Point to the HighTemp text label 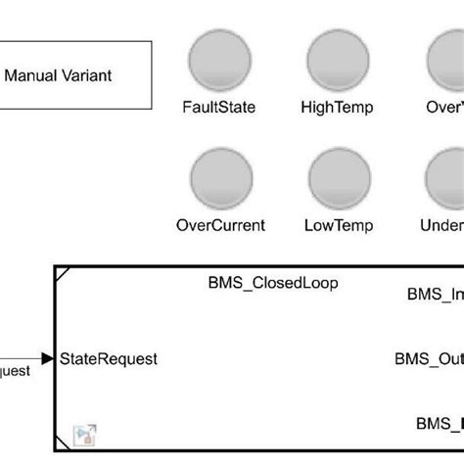point(338,106)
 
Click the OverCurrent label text point(220,225)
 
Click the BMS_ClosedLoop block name point(272,283)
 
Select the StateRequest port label point(108,359)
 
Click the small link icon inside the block point(84,434)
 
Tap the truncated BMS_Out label point(429,359)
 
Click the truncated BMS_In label point(435,293)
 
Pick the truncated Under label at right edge point(441,225)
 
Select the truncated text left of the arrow point(15,371)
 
